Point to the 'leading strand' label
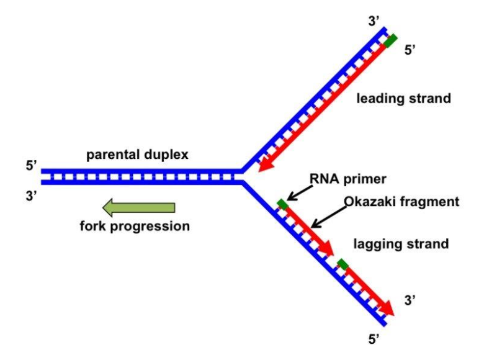403,99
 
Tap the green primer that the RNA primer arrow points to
283,204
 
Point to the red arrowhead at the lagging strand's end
388,308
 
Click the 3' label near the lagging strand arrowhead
410,300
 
